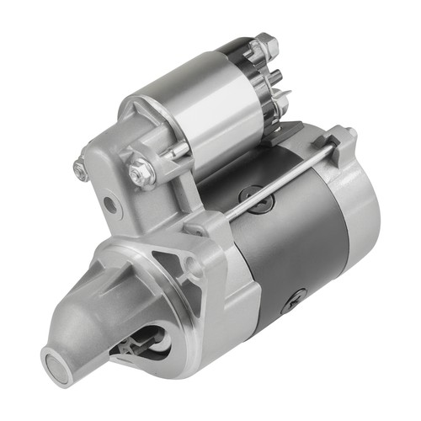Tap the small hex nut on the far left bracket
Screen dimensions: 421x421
81,171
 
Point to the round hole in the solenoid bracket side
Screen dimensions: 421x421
109,205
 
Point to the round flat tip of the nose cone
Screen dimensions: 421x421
56,365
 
